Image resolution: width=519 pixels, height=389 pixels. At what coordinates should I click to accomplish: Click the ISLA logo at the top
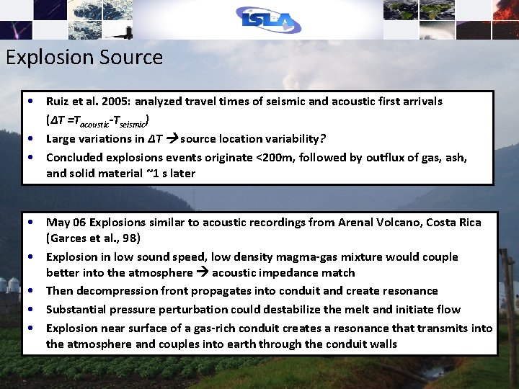click(x=267, y=20)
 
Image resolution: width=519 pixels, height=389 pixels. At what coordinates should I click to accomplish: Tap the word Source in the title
click(x=133, y=58)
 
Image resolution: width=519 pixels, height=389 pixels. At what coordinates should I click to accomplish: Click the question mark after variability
click(x=324, y=138)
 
